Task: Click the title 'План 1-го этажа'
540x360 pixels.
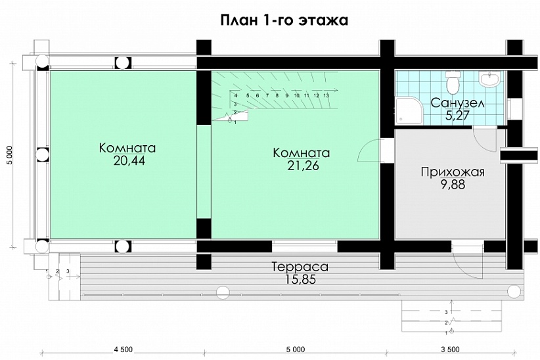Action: (284, 20)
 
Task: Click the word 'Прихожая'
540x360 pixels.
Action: (453, 172)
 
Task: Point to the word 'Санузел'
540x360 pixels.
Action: (458, 104)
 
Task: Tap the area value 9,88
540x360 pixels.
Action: (453, 185)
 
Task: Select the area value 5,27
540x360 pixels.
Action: (458, 116)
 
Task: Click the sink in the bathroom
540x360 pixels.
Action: (489, 79)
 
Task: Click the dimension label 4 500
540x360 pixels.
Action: (124, 349)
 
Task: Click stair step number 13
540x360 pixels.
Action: (326, 95)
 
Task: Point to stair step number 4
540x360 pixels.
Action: (235, 95)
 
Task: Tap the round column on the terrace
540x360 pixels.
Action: (223, 291)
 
